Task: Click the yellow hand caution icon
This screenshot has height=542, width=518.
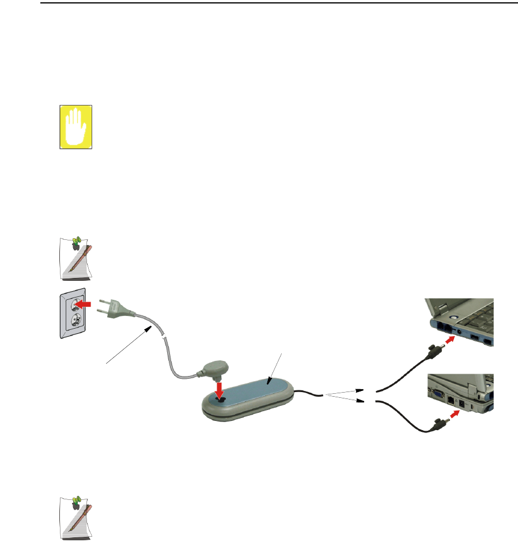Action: (76, 127)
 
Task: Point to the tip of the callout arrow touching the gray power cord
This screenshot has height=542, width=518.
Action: (152, 326)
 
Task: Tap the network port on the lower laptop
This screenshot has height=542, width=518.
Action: (450, 399)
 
